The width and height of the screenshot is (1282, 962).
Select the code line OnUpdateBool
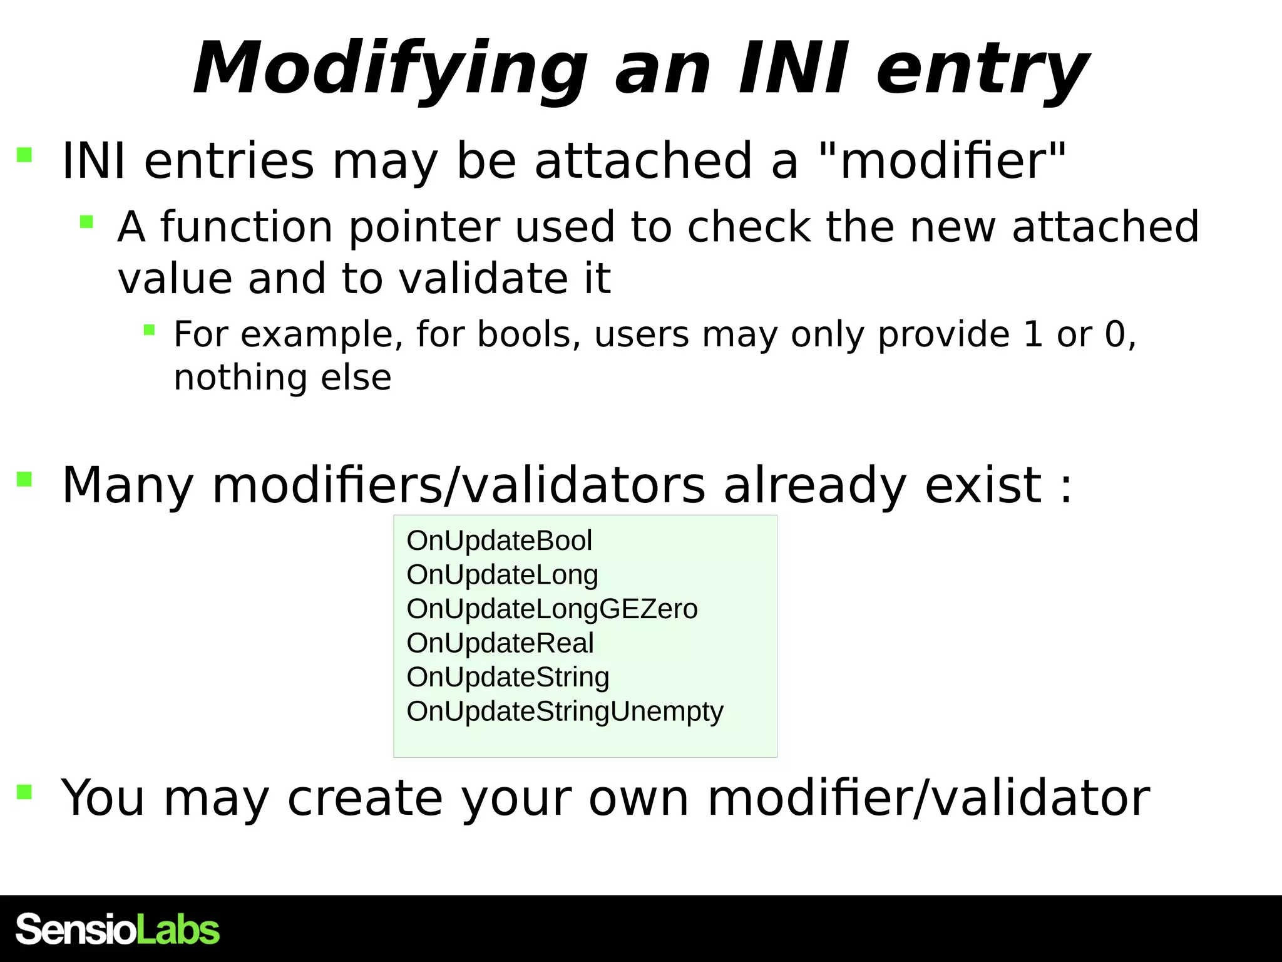[499, 540]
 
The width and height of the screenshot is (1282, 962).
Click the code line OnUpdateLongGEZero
[551, 609]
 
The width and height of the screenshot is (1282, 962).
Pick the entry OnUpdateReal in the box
[500, 643]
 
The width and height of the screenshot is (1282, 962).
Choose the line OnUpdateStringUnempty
[565, 711]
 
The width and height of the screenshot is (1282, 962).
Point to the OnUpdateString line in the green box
[508, 677]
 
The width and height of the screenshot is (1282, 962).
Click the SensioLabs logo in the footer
[118, 929]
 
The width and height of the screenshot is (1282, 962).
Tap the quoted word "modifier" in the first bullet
[943, 161]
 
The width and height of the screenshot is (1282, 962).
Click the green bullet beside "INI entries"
[24, 155]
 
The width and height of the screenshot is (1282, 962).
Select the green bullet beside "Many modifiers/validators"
[24, 480]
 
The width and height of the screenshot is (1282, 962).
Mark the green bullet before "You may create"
[24, 792]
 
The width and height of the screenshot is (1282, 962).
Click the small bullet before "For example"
[149, 329]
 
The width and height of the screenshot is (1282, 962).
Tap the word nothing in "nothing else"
[239, 378]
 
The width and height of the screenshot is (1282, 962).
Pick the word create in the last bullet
[365, 798]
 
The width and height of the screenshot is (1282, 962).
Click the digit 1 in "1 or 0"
[1032, 334]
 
